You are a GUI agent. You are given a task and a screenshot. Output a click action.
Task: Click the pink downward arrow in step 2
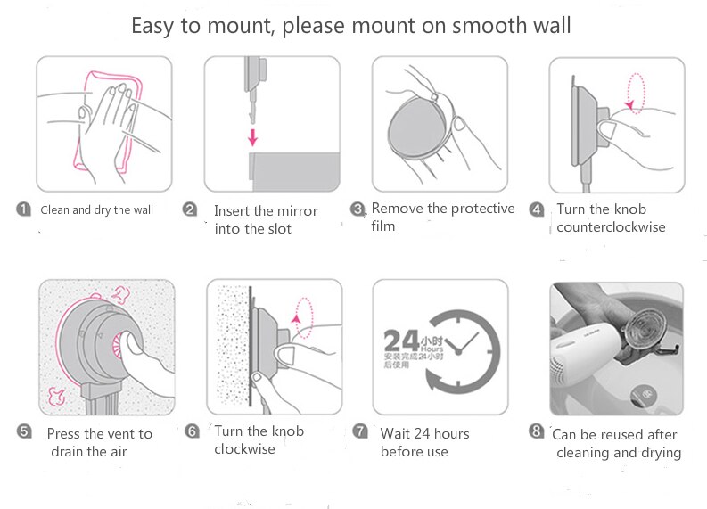pyautogui.click(x=253, y=136)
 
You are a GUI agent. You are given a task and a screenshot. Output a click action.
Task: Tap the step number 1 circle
pyautogui.click(x=23, y=209)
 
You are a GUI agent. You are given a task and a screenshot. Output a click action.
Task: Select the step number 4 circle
pyautogui.click(x=536, y=209)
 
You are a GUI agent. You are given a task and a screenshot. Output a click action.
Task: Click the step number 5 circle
pyautogui.click(x=25, y=432)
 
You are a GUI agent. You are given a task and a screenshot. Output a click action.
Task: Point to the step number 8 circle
pyautogui.click(x=536, y=431)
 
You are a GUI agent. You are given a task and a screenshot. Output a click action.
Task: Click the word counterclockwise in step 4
pyautogui.click(x=611, y=227)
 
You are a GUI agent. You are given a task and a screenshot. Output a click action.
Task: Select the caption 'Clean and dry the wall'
pyautogui.click(x=96, y=210)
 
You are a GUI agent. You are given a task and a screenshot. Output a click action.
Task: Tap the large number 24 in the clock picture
pyautogui.click(x=399, y=341)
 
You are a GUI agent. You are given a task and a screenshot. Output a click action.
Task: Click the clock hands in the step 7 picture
pyautogui.click(x=460, y=344)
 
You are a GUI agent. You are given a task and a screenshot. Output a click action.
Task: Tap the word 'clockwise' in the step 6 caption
pyautogui.click(x=244, y=449)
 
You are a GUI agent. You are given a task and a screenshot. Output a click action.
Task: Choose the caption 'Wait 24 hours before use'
pyautogui.click(x=424, y=442)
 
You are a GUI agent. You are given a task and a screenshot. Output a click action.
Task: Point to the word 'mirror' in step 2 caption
pyautogui.click(x=297, y=211)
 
